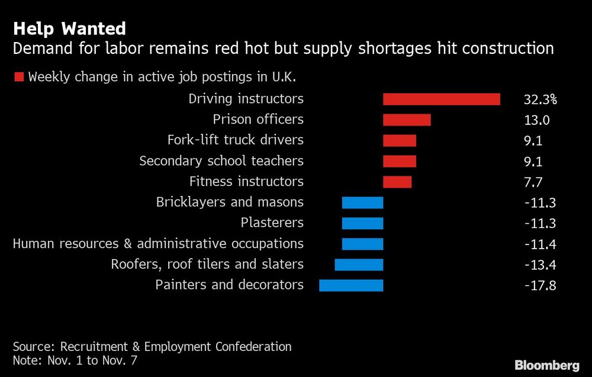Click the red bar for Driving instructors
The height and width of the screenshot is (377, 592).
(441, 99)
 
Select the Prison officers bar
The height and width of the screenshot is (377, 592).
(407, 120)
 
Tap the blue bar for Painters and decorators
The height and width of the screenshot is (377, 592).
(351, 285)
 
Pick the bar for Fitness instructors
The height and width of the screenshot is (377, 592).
(397, 182)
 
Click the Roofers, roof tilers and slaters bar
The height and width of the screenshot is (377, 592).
(359, 265)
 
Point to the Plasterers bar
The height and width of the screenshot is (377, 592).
(362, 223)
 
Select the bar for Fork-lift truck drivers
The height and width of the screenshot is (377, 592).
(400, 140)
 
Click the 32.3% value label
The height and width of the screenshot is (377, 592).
(540, 99)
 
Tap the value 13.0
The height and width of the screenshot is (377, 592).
(537, 120)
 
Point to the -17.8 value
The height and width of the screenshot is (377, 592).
(540, 285)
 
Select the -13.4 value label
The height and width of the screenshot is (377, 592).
(540, 265)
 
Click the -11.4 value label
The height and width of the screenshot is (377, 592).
(540, 244)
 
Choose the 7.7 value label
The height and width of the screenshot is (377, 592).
(533, 182)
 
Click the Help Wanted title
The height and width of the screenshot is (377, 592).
(69, 28)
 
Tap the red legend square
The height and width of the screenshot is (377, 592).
(19, 77)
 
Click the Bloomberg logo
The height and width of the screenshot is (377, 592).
(548, 365)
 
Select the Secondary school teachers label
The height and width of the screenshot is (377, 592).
(221, 161)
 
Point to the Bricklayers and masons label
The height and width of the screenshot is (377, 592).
(230, 202)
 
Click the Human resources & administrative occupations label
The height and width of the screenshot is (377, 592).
(158, 244)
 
